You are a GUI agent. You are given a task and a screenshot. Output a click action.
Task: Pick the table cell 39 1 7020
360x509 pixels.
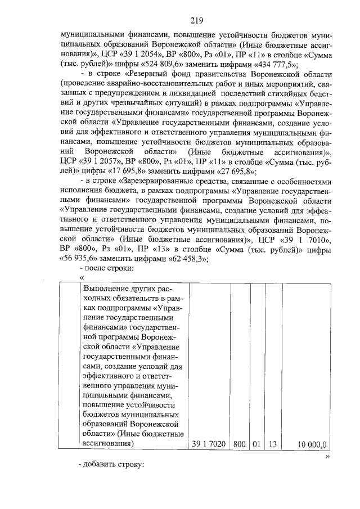click(x=209, y=444)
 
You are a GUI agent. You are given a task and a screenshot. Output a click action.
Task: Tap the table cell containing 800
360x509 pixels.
click(x=240, y=444)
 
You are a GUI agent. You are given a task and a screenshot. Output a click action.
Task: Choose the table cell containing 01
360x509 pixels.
click(x=256, y=444)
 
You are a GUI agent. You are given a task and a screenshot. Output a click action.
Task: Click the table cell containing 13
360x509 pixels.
click(x=272, y=444)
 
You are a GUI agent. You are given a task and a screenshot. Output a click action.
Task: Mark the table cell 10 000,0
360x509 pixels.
click(x=311, y=444)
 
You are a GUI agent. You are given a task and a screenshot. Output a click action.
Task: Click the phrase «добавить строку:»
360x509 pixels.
click(x=112, y=466)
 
